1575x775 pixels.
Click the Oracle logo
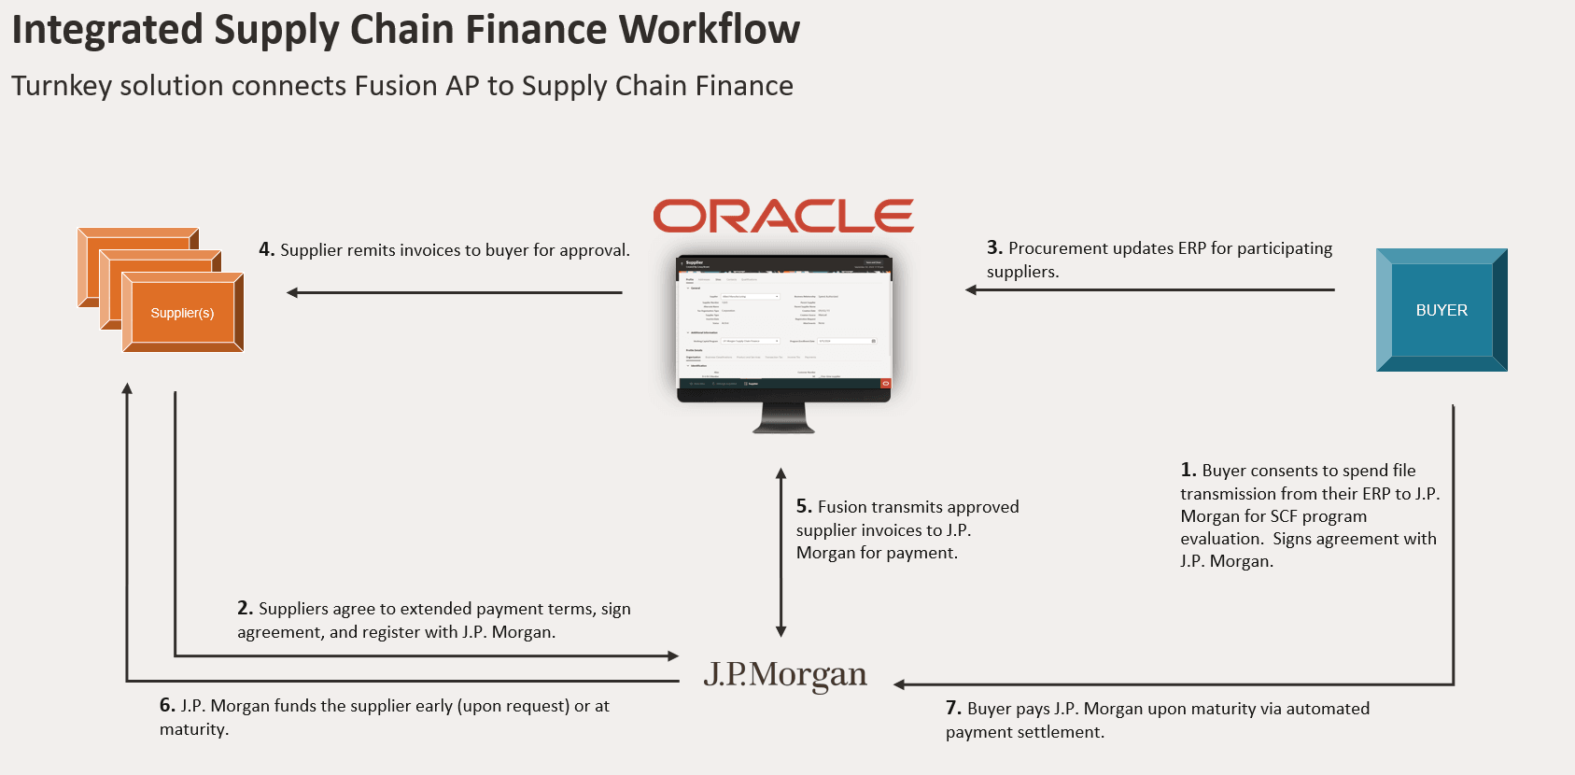tap(782, 216)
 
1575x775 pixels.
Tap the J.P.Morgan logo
tap(785, 674)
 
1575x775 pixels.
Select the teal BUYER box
tap(1441, 310)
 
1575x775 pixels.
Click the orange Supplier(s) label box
tap(183, 313)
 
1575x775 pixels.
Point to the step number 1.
tap(1188, 470)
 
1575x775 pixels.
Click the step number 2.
tap(245, 608)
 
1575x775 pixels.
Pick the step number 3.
tap(994, 247)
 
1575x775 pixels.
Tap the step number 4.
tap(266, 249)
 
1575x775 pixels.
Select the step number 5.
tap(803, 506)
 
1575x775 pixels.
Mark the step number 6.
tap(166, 705)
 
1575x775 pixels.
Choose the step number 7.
tap(952, 708)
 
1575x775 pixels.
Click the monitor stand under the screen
tap(783, 417)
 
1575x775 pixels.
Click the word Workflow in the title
tap(710, 30)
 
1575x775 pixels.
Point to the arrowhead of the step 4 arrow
tap(292, 292)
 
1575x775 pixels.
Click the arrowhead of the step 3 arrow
tap(971, 289)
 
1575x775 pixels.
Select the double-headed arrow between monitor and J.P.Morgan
tap(781, 553)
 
